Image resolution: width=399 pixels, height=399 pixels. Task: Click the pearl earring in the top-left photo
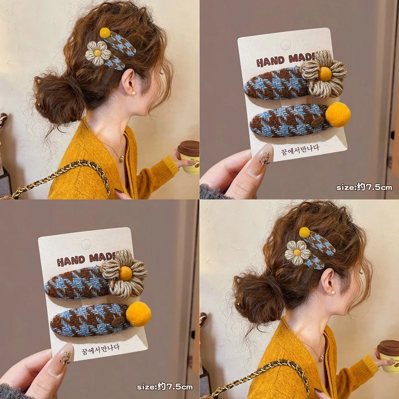(133, 93)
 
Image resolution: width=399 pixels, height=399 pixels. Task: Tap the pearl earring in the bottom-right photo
(333, 293)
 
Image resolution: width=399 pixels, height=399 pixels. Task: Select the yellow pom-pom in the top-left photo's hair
(105, 33)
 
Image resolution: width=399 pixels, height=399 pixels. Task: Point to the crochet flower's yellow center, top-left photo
(97, 53)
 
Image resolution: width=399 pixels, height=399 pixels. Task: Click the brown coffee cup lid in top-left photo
(189, 148)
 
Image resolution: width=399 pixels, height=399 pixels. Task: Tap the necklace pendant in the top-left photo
(122, 159)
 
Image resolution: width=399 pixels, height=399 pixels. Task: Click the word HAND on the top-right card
(270, 61)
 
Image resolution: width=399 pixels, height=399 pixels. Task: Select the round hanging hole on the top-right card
(285, 45)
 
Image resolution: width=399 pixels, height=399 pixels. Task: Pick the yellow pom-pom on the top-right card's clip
(338, 115)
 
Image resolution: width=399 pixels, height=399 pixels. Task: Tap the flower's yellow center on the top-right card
(325, 74)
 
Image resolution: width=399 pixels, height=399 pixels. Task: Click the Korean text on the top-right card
(300, 150)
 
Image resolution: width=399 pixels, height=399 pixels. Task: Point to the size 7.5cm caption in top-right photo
(364, 188)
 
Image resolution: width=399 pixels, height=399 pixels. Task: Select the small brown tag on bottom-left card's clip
(119, 321)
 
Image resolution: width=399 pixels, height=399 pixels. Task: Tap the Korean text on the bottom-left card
(101, 349)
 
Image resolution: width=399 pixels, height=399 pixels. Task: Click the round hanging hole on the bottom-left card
(86, 245)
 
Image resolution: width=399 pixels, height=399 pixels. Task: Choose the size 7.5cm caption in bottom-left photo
(165, 387)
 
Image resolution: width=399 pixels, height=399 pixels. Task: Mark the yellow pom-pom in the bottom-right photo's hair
(305, 232)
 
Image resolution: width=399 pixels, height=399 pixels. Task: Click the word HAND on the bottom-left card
(71, 261)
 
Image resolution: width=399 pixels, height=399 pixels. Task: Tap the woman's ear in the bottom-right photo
(329, 281)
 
